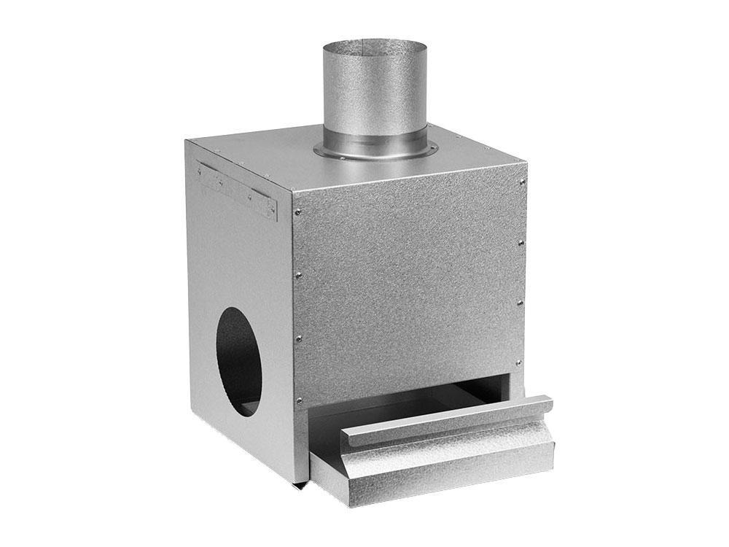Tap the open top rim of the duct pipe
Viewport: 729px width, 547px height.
coord(375,45)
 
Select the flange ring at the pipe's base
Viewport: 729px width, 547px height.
coord(375,150)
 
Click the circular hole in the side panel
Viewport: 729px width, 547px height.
coord(239,361)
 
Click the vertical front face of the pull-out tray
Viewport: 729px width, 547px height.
coord(430,478)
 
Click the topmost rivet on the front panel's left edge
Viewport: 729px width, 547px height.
coord(297,212)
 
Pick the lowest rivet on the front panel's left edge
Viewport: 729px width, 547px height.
coord(299,400)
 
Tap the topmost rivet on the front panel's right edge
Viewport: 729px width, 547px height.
coord(523,182)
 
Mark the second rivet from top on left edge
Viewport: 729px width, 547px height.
coord(298,275)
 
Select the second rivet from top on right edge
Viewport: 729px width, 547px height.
coord(521,242)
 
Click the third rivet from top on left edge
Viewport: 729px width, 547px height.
coord(298,338)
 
